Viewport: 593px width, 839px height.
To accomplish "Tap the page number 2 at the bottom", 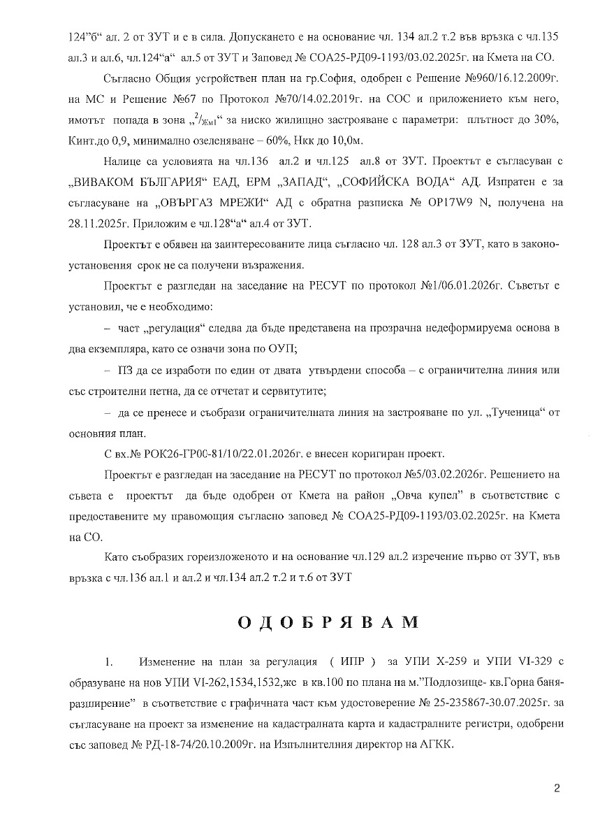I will pyautogui.click(x=557, y=789).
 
